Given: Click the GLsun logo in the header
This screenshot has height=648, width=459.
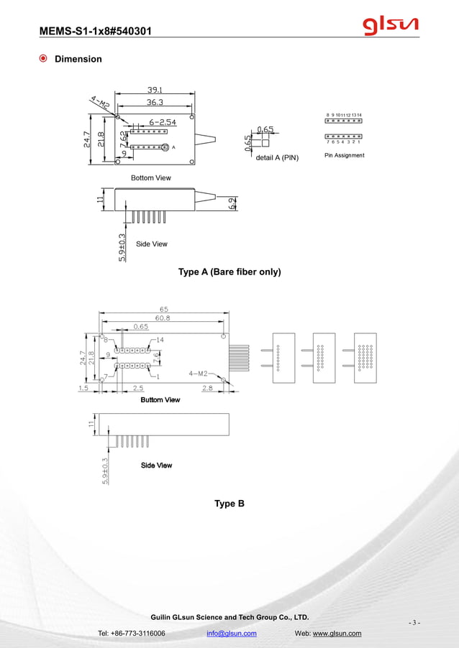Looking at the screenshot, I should (x=391, y=27).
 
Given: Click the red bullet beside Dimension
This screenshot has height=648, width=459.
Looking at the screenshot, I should (x=45, y=59).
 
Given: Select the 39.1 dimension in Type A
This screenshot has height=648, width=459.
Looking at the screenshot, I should (x=155, y=91).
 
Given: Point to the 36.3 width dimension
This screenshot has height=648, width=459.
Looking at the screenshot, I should (x=155, y=103).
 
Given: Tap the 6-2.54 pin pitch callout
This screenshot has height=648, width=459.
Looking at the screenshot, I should (x=163, y=122).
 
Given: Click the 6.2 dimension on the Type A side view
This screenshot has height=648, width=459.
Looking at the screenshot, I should (x=232, y=203).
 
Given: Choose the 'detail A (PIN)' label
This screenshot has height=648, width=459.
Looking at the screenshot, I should (x=277, y=157).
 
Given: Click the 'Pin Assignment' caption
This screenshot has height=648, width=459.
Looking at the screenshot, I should (x=344, y=155).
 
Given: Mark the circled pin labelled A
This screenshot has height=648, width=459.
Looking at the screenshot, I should (x=165, y=147).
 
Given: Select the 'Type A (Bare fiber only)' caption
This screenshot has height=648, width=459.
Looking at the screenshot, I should (x=229, y=272).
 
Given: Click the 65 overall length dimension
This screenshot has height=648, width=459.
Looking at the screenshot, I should (x=164, y=310).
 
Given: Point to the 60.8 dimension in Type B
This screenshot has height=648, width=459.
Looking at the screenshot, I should (x=163, y=318).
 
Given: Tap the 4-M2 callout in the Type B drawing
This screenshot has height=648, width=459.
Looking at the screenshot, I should (x=198, y=374).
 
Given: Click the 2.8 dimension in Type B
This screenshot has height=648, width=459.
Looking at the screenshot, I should (x=207, y=388).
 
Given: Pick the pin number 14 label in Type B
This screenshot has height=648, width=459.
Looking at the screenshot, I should (x=160, y=339).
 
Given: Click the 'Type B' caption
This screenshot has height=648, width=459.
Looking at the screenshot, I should (x=229, y=504).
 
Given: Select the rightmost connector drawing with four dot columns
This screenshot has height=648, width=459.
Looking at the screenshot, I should (x=365, y=357).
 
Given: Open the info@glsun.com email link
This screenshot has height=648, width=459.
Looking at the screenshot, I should (x=232, y=634).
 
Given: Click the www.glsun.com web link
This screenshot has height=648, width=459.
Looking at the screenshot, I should (x=337, y=634).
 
